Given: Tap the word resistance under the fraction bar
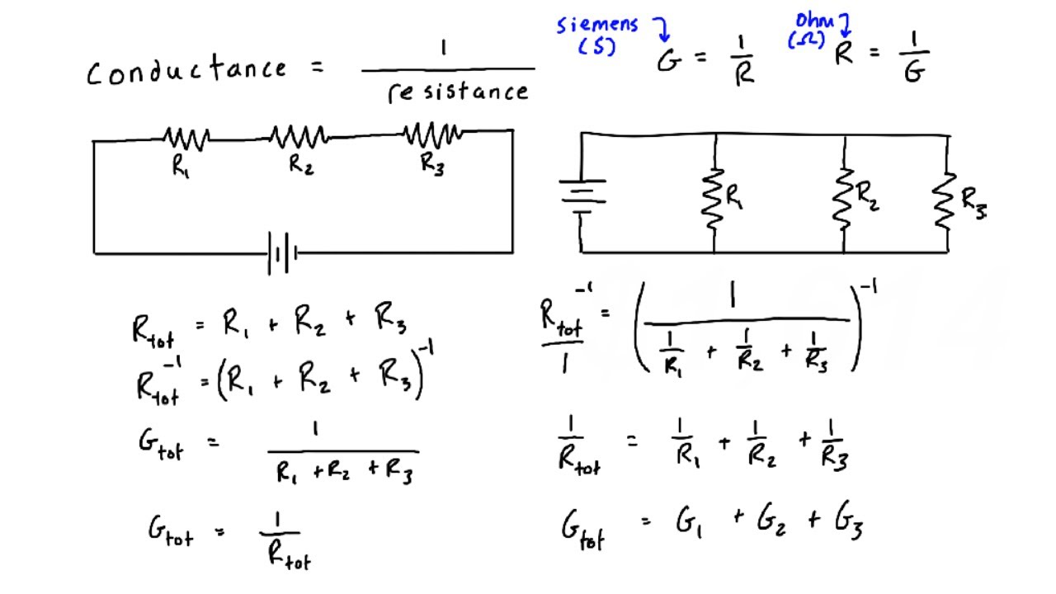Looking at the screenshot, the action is pos(458,92).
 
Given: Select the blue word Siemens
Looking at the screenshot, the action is pos(597,25).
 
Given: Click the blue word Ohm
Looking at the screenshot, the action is pos(814,21).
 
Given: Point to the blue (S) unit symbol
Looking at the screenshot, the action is pos(596,46).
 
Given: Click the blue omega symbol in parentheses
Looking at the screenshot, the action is pos(806,40).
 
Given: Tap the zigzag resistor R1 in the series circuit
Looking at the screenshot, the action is pos(186,138).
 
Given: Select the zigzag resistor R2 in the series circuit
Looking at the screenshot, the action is pos(299,137).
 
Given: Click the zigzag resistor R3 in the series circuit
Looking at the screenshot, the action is pos(433,134).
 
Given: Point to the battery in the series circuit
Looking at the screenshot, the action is pos(282,253).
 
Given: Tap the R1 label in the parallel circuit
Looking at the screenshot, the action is pos(734,196).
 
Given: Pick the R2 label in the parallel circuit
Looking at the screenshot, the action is pos(867,196).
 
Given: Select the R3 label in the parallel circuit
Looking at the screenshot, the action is pos(974,203).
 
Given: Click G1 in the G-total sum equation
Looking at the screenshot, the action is pos(689,523).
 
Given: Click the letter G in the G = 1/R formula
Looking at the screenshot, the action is pos(669,60).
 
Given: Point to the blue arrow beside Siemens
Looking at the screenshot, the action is pos(662,29).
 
